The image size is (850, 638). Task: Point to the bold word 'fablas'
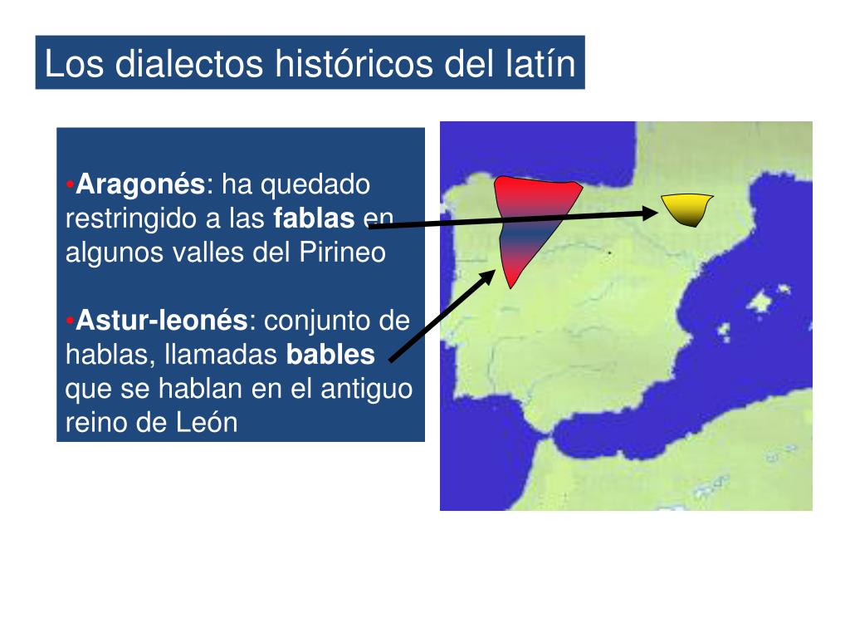tap(314, 218)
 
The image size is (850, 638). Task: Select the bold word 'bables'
tap(330, 355)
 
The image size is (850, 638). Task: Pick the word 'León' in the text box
tap(207, 422)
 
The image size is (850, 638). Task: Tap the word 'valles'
tap(208, 253)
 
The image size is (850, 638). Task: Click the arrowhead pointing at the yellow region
tap(651, 213)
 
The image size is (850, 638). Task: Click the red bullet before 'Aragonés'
tap(71, 184)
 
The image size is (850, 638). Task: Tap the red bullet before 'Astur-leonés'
tap(71, 320)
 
